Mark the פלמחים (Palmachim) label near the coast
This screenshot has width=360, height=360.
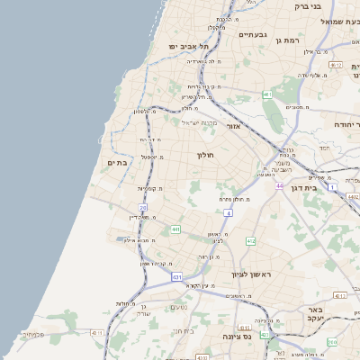pyautogui.click(x=33, y=335)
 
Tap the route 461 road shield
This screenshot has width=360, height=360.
pyautogui.click(x=267, y=94)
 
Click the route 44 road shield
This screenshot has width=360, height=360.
pyautogui.click(x=281, y=186)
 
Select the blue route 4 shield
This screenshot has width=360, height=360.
pyautogui.click(x=229, y=213)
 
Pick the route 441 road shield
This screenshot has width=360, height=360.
pyautogui.click(x=175, y=229)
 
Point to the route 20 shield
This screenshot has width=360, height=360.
pyautogui.click(x=143, y=209)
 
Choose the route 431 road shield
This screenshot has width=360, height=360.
pyautogui.click(x=177, y=276)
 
